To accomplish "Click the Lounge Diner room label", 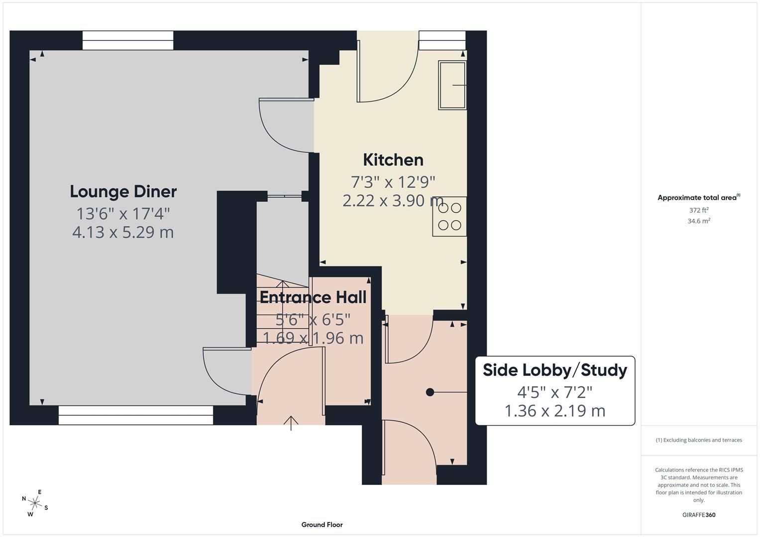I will click(123, 191).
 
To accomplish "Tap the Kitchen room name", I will click(393, 160).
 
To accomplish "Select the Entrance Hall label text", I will click(313, 297).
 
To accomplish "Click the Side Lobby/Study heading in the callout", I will click(555, 370).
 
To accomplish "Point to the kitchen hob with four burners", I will click(449, 217).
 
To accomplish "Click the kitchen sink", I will click(452, 85).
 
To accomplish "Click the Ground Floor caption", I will click(322, 525).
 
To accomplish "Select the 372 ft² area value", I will click(699, 210).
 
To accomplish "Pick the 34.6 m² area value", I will click(699, 221).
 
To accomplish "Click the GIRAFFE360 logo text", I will click(699, 515).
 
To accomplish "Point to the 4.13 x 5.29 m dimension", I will click(123, 232).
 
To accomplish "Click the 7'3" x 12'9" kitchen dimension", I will click(393, 182).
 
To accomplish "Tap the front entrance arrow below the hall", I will click(291, 422).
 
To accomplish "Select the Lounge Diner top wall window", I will click(128, 40).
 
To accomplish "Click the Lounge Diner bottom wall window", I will click(136, 415).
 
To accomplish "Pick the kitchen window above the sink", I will click(442, 40).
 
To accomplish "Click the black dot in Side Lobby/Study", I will click(430, 392).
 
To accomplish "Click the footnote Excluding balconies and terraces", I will click(699, 440).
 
